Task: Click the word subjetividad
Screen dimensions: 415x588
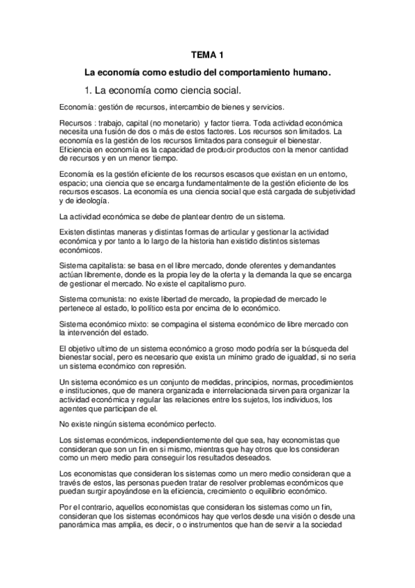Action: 326,190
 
